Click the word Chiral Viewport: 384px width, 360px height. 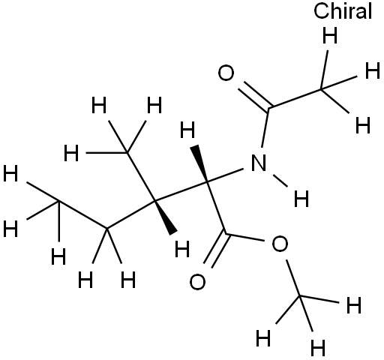pos(343,11)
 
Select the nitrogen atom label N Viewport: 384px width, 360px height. pos(259,163)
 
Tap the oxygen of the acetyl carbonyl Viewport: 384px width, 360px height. pos(226,73)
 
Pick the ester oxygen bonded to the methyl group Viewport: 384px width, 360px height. pos(280,244)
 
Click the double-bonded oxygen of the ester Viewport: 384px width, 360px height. pos(197,282)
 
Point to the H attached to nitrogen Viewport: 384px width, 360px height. pos(301,199)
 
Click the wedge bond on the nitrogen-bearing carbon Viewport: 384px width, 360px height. pos(199,163)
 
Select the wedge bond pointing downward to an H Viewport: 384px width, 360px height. pos(165,217)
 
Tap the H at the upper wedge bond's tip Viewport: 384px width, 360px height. pos(187,130)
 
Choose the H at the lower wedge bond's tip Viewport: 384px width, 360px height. pos(182,249)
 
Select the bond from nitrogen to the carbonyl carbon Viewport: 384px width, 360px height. pos(265,127)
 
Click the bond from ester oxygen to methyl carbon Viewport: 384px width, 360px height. pos(293,278)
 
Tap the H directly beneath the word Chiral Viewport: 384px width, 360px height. pos(330,35)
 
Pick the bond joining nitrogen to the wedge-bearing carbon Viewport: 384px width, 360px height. pos(225,175)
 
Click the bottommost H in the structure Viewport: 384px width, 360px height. pos(318,348)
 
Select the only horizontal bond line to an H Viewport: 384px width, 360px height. pos(106,152)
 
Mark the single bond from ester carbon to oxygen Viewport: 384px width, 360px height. pos(244,237)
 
